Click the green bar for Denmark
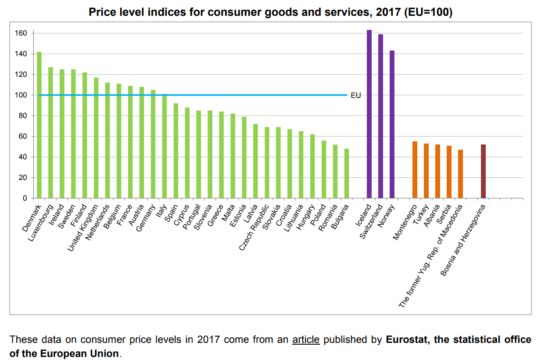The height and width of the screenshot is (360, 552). click(x=39, y=125)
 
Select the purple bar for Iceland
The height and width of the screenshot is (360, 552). click(x=369, y=114)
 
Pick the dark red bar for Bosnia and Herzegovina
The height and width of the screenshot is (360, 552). click(x=483, y=171)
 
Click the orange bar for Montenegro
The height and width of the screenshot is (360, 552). click(x=415, y=170)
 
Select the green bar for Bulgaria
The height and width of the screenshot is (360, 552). click(x=347, y=173)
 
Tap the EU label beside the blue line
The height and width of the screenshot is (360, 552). click(x=356, y=95)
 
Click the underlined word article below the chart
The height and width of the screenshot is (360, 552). click(x=305, y=340)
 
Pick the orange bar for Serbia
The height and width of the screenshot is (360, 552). click(x=449, y=172)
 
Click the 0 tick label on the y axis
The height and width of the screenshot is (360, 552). click(x=25, y=198)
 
